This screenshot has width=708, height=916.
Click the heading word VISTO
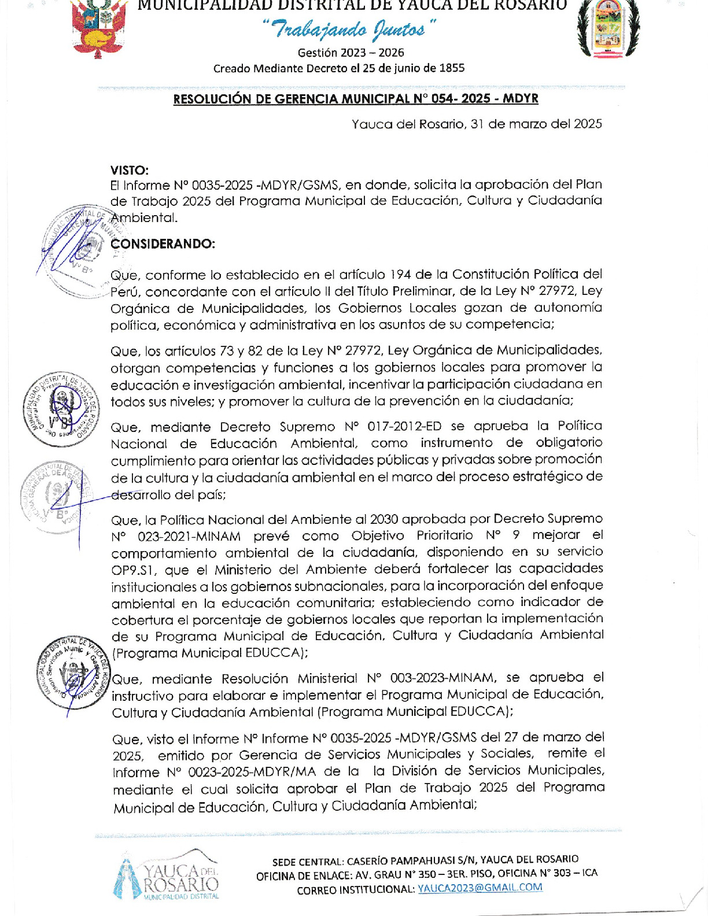point(130,170)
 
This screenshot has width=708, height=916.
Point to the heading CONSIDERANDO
point(163,244)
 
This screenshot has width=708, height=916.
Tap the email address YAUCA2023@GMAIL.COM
point(480,888)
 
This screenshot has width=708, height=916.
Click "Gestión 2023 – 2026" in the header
point(351,53)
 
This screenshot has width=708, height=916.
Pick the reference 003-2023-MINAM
point(443,678)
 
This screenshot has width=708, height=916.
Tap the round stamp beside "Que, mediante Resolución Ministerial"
point(72,673)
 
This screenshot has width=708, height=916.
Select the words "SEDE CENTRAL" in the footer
point(307,861)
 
